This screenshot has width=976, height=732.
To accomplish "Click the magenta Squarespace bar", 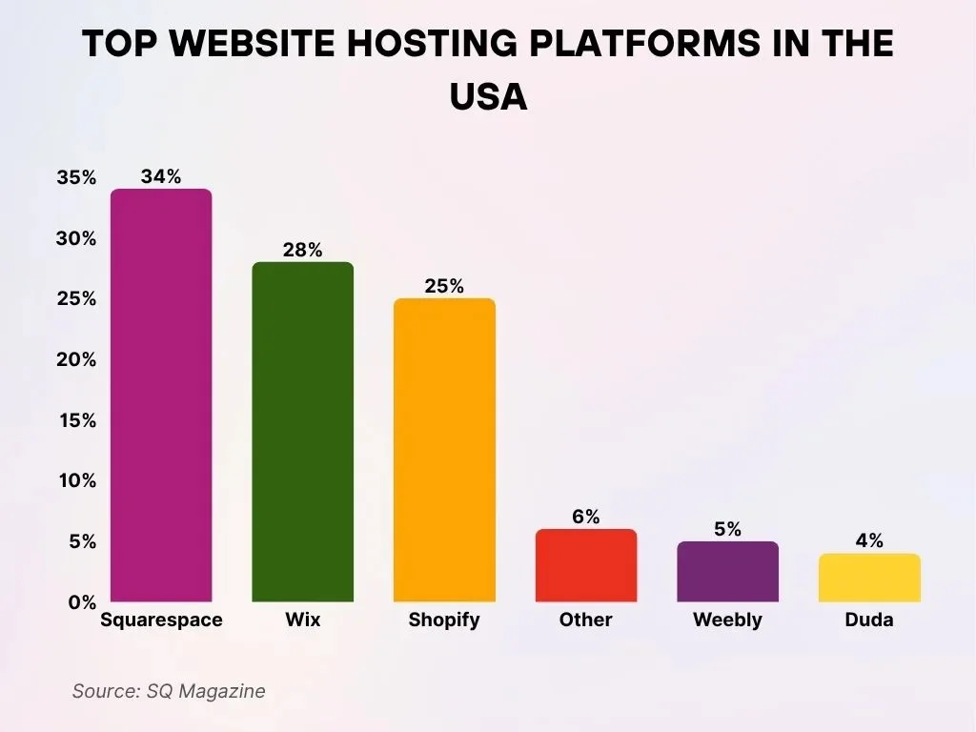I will point(161,396).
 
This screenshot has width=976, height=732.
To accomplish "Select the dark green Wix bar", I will point(302,432).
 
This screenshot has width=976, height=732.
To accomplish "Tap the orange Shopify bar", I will point(444,450).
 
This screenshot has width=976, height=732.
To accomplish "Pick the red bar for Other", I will point(585,565).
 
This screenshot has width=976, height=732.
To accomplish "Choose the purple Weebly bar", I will point(727,572).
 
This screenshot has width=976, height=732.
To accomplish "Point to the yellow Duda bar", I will point(868,578).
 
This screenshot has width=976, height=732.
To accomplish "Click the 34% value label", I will point(161,176).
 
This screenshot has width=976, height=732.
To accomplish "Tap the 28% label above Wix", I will point(302,250).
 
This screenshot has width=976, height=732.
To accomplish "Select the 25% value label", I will point(444,286).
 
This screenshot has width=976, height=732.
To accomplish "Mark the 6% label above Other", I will point(585,517).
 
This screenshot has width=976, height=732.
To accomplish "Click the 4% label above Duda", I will point(868,540).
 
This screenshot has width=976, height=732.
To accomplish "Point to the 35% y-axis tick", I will point(76,178).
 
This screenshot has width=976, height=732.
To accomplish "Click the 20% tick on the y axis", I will point(76,360).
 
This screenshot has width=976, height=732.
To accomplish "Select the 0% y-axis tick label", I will point(81,602).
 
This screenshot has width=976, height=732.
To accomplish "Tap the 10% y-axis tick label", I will point(76,481).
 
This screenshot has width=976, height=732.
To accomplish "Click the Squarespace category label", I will point(161,620).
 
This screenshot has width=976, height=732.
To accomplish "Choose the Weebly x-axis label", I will point(727,620).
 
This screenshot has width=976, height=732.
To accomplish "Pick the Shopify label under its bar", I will point(444,620).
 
